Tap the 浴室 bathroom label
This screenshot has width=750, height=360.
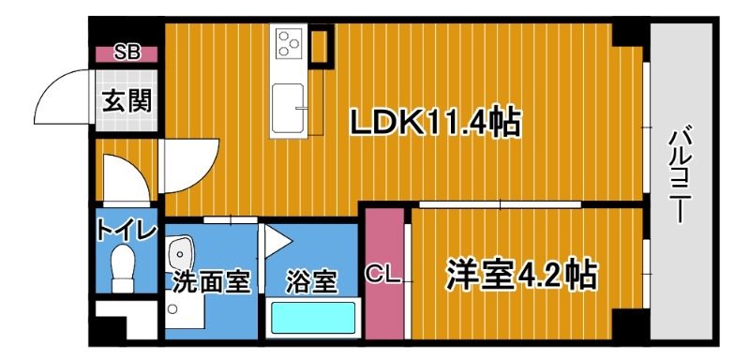tap(312, 281)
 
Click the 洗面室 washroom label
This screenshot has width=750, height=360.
tap(212, 281)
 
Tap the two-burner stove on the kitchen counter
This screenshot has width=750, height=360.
tap(287, 41)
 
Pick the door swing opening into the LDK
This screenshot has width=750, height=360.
tap(190, 165)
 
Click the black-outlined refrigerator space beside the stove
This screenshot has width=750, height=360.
tap(321, 44)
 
